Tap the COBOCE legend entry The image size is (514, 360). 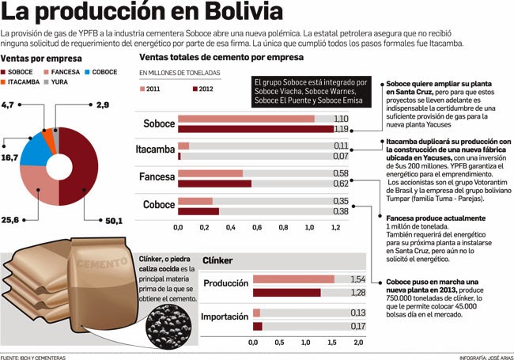tap(99, 72)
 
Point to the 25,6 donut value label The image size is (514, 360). tap(11, 220)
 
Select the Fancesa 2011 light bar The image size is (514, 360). tap(210, 173)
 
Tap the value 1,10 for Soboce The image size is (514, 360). tap(341, 118)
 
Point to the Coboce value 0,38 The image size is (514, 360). tap(341, 211)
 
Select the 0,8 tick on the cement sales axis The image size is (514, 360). tap(283, 228)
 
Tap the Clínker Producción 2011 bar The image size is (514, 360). tap(293, 279)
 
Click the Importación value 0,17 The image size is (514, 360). tap(357, 326)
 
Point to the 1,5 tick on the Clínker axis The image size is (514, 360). tap(331, 342)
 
